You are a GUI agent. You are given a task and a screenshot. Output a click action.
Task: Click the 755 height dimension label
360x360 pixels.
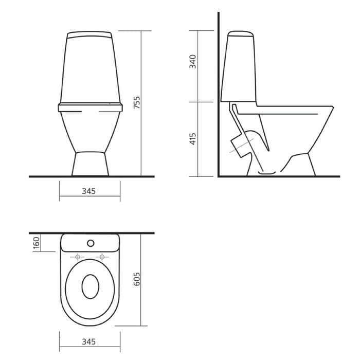point(137,103)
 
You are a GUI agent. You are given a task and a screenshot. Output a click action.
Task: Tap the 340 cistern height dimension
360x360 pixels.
point(193,61)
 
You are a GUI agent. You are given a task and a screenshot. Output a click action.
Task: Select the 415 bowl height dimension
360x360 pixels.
point(193,139)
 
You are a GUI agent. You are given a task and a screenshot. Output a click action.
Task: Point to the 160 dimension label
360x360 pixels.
point(37,243)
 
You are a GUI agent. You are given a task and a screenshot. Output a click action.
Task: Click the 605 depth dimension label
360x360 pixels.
point(137,279)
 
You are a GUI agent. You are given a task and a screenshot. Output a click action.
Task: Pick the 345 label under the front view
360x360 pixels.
point(88,191)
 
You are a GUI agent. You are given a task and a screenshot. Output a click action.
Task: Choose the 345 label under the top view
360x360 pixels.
point(88,342)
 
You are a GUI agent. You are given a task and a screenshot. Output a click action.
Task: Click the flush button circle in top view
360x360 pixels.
point(91,243)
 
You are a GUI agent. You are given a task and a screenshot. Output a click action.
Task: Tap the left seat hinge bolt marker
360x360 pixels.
point(78,257)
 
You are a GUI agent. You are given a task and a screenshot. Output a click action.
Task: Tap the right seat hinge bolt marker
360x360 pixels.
point(102,257)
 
